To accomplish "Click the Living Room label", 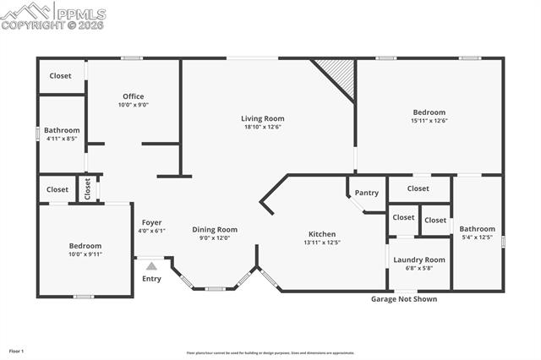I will pos(262,118).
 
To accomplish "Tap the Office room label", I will pos(134,95).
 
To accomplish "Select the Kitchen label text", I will pos(321,234).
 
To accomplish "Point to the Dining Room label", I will pos(215,229).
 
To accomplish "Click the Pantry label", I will pos(366,193).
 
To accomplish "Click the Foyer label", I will pos(151,222).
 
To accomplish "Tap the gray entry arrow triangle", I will pos(151,265).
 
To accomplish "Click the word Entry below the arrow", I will pos(151,279).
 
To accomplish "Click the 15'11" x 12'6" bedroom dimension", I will pos(429,121).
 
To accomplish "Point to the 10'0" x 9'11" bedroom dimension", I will pos(85,254).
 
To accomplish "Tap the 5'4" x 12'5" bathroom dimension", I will pos(477,237).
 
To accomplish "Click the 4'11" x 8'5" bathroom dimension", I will pos(63,139).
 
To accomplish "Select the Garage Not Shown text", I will pos(404,298).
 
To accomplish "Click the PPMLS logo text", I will pos(80,14).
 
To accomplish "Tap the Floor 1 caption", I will pos(17,350).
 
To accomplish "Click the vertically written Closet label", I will pos(87,188).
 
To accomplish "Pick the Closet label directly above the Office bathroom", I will pos(60,76).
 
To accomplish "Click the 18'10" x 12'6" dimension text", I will pos(262,127).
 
